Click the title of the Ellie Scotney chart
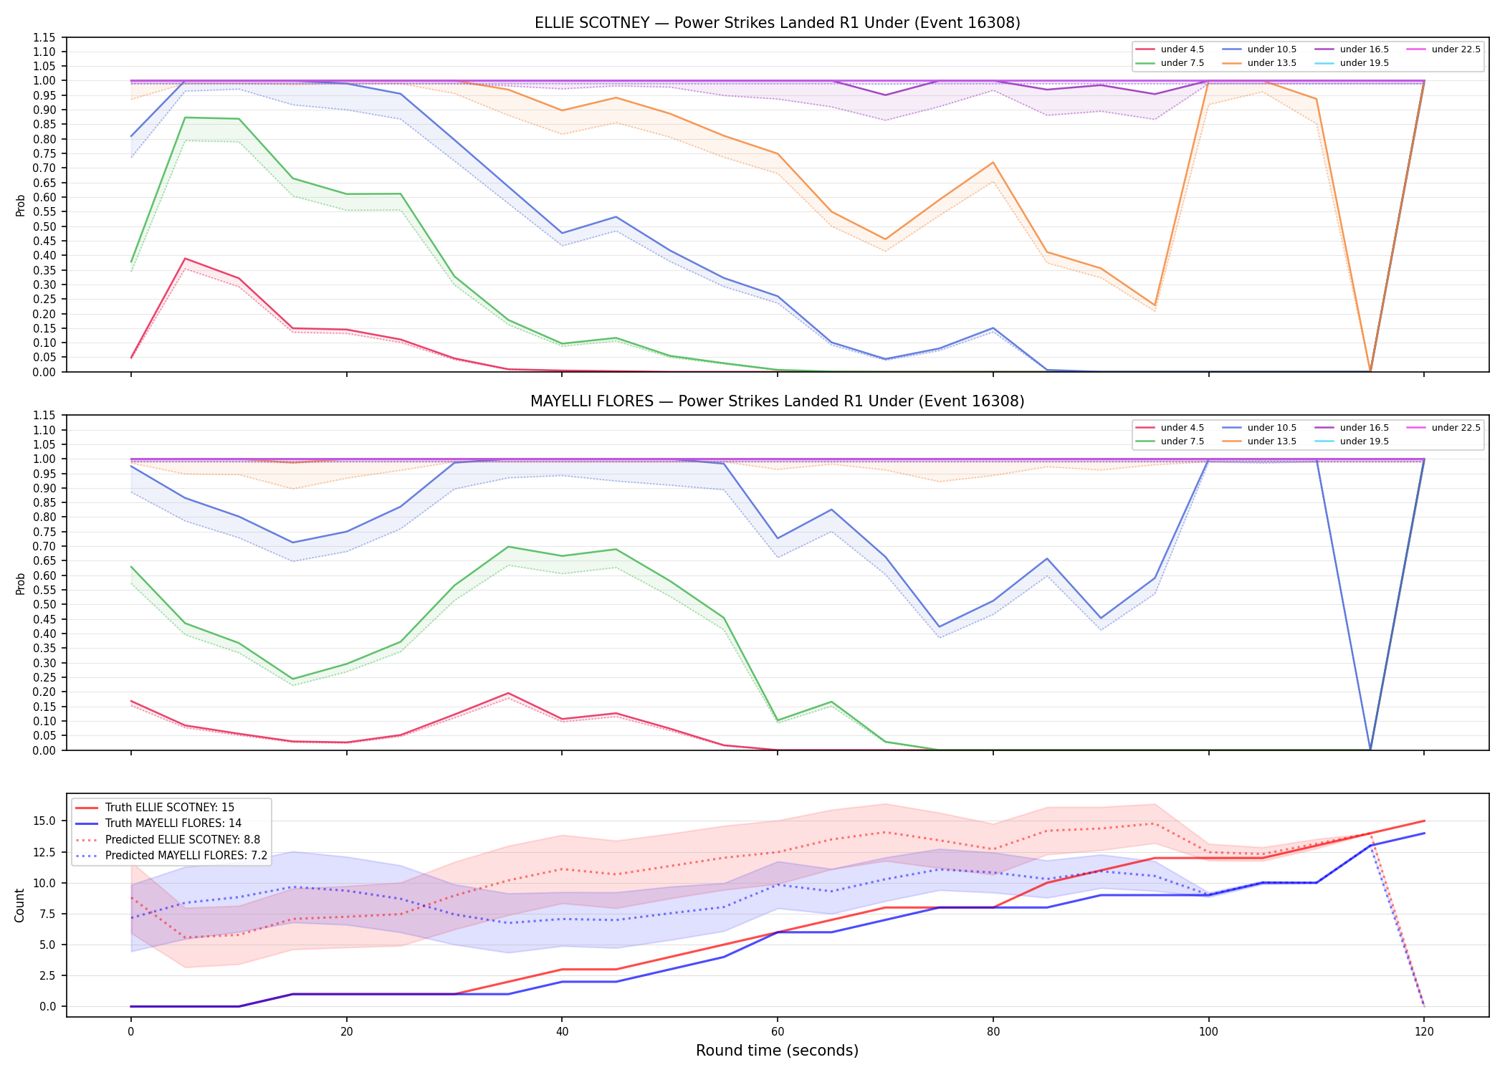778,23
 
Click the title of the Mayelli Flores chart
778,401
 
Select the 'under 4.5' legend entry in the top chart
1170,49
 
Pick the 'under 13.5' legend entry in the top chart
1259,63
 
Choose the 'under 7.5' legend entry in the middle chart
1170,441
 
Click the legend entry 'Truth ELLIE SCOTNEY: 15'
155,808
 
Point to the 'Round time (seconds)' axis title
777,1051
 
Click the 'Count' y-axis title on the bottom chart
19,905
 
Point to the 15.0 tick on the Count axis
47,821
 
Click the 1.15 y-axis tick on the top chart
45,37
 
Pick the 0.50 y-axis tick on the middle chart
45,605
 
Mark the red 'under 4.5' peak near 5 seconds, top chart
186,258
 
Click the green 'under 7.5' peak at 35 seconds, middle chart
508,547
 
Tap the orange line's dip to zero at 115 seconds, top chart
1370,371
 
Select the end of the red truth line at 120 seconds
1424,821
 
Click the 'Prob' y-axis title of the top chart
20,206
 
